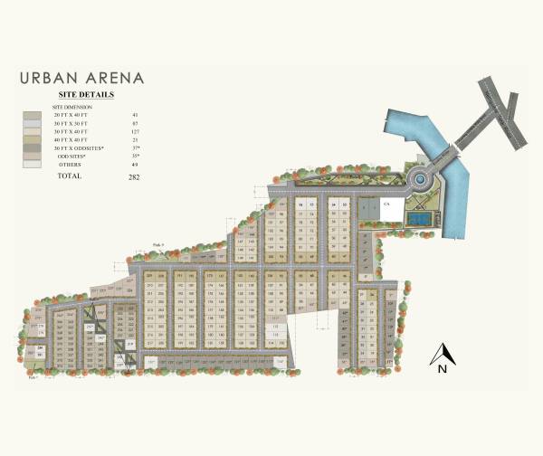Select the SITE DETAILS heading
[86, 93]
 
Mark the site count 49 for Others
[135, 164]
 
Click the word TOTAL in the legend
[70, 176]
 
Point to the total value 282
[135, 176]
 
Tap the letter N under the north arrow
[442, 369]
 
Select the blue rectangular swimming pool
[418, 217]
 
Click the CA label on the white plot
[386, 206]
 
